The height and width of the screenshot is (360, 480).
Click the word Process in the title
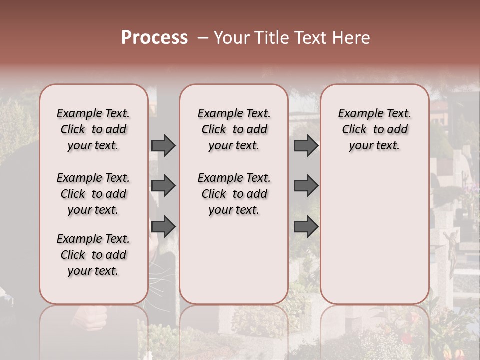[154, 38]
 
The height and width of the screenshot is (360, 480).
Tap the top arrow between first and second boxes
[163, 145]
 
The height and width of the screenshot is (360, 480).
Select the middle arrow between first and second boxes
[163, 186]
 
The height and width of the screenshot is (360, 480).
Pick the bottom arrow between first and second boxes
[163, 226]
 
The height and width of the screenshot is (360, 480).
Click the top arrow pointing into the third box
[306, 145]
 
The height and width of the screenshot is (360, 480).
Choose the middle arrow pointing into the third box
[306, 186]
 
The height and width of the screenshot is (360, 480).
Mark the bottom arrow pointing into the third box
[306, 226]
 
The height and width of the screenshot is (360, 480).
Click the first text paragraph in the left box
[93, 129]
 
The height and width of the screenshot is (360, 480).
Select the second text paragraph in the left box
[93, 194]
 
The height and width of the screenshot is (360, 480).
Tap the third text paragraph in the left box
[93, 255]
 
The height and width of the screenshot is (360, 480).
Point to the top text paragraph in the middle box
[234, 129]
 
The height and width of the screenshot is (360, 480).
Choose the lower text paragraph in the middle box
[234, 194]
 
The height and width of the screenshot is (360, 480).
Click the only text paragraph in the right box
[374, 129]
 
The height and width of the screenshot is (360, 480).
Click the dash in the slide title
[202, 38]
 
